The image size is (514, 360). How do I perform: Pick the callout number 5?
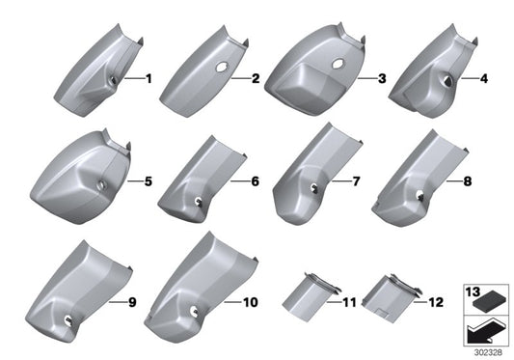pyautogui.click(x=148, y=180)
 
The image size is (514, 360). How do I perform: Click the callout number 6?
pyautogui.click(x=255, y=180)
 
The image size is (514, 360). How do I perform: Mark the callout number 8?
pyautogui.click(x=468, y=180)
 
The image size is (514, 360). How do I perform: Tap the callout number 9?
pyautogui.click(x=132, y=302)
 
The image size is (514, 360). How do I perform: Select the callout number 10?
pyautogui.click(x=250, y=302)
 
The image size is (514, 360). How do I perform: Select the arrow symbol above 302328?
pyautogui.click(x=487, y=330)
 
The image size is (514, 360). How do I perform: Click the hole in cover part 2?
pyautogui.click(x=223, y=69)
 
